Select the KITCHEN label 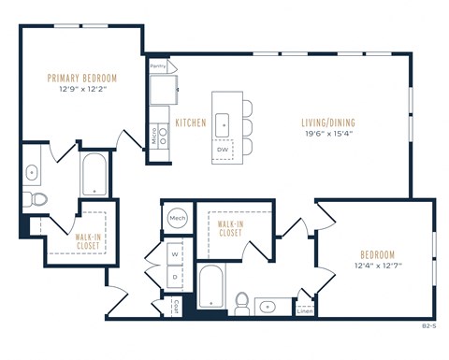point(191,122)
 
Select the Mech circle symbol point(177,219)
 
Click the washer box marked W point(175,252)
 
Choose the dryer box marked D point(175,277)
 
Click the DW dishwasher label point(223,148)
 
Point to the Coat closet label point(176,305)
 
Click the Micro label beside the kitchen point(152,134)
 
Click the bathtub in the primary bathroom point(94,175)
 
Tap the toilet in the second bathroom point(241,303)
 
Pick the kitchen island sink point(223,123)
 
